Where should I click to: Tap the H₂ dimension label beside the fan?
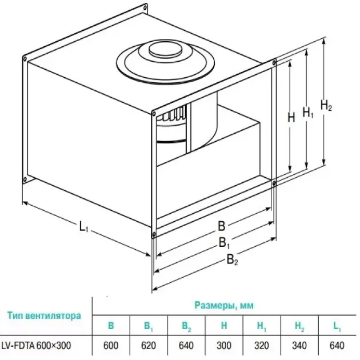pyautogui.click(x=326, y=106)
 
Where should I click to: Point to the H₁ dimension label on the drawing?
pyautogui.click(x=308, y=113)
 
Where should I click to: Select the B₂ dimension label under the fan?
pyautogui.click(x=233, y=260)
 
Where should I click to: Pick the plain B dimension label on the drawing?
pyautogui.click(x=221, y=226)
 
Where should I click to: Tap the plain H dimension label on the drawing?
pyautogui.click(x=291, y=118)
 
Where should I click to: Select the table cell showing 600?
pyautogui.click(x=111, y=346)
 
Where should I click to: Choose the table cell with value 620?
pyautogui.click(x=149, y=346)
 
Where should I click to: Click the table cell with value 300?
pyautogui.click(x=224, y=346)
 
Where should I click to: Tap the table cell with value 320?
pyautogui.click(x=262, y=346)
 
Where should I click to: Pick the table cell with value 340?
pyautogui.click(x=299, y=346)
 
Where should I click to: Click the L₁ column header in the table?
pyautogui.click(x=337, y=326)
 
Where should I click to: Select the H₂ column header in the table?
pyautogui.click(x=299, y=326)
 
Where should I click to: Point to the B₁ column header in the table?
pyautogui.click(x=149, y=326)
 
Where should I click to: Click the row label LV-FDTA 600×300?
pyautogui.click(x=36, y=345)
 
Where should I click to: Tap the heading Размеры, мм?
pyautogui.click(x=224, y=305)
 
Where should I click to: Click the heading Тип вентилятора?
pyautogui.click(x=44, y=315)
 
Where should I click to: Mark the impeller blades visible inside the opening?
pyautogui.click(x=175, y=115)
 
